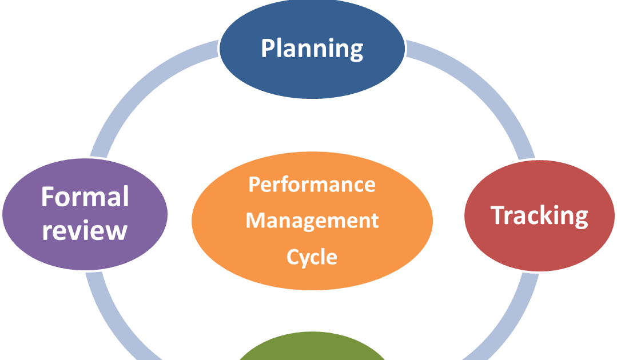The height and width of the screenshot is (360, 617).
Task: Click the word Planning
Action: (x=312, y=49)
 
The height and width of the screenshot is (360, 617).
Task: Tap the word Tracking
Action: (x=539, y=216)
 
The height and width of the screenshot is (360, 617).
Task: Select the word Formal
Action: (x=85, y=197)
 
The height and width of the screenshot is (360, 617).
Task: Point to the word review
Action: (x=85, y=230)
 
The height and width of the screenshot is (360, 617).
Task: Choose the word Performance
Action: (x=312, y=185)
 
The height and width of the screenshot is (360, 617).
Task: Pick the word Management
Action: (x=312, y=221)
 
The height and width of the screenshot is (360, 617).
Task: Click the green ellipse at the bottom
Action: (x=312, y=350)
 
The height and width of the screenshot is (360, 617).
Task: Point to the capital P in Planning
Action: (x=268, y=48)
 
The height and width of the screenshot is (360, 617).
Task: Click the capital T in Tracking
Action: (x=497, y=215)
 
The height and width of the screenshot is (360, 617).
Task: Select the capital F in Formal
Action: (x=48, y=197)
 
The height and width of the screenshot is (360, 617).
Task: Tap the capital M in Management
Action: (x=255, y=221)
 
